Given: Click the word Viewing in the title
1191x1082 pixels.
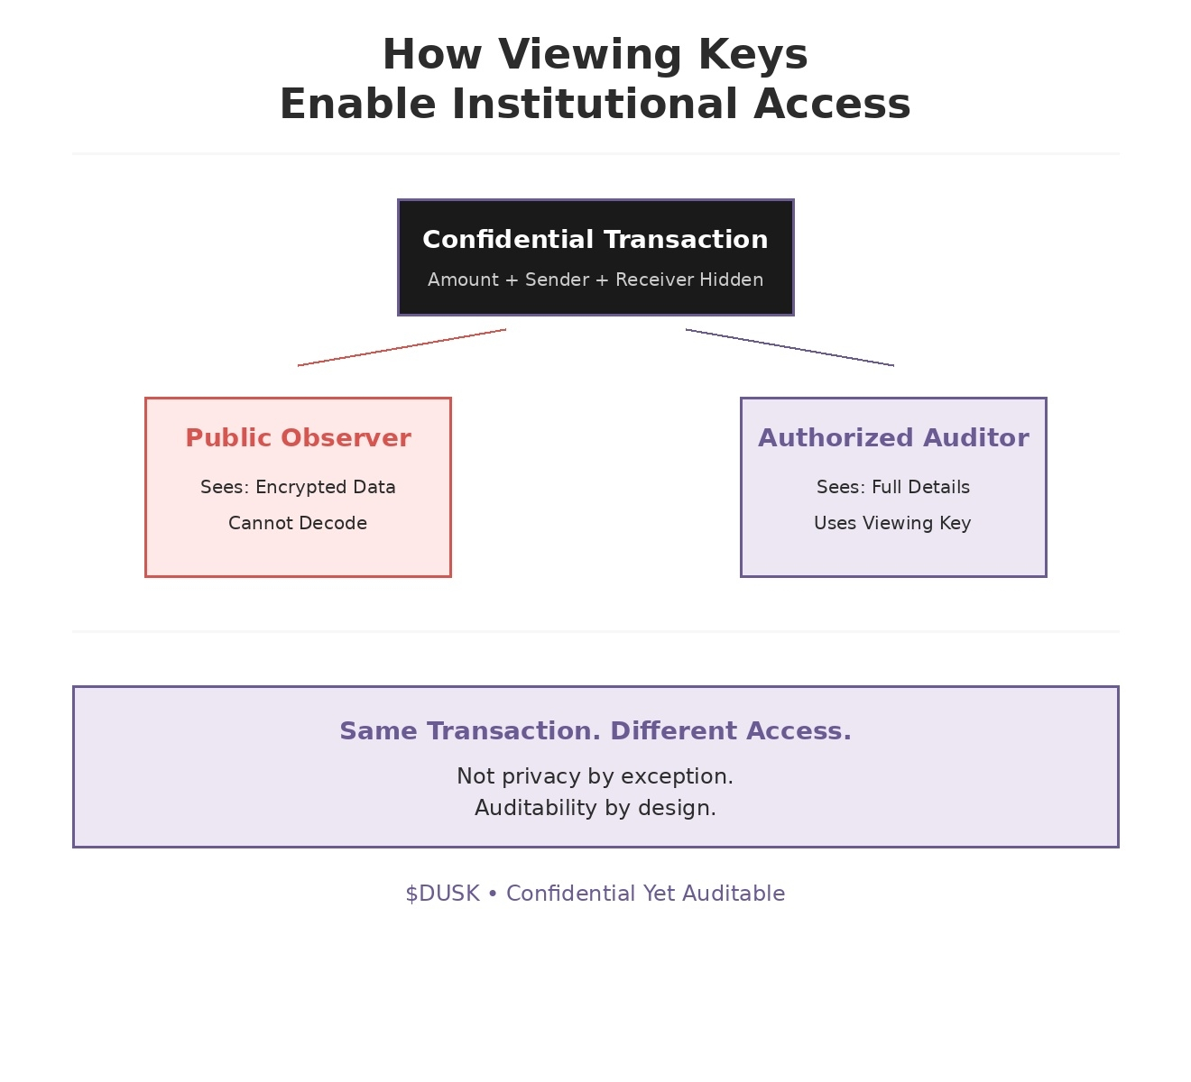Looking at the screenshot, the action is coord(589,56).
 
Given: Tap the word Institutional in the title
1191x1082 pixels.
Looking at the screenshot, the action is coord(595,104).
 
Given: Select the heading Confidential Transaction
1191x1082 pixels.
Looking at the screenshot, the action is coord(595,239).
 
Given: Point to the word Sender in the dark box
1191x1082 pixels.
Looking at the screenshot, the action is coord(557,280).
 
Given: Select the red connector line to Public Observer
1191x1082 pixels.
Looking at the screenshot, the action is coord(402,347).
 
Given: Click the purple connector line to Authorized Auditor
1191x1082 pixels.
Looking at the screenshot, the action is coord(789,347).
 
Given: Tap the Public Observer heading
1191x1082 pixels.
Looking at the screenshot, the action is coord(298,438).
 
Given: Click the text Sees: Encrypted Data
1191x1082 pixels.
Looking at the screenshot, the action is coord(298,487).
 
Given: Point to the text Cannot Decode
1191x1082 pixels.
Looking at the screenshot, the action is coord(298,523).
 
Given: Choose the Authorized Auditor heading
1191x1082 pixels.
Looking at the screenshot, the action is coord(893,438).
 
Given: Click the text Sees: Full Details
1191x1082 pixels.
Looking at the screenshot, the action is coord(893,487).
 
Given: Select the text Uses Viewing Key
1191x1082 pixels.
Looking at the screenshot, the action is coord(892,523).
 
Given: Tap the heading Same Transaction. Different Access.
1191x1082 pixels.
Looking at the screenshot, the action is coord(595,730).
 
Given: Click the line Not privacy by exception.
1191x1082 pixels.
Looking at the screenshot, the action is coord(595,776).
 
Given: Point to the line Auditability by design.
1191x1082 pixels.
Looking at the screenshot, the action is coord(595,808).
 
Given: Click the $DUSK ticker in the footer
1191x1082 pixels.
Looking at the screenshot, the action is coord(442,894).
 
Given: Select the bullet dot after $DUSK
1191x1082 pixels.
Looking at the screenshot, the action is coord(493,894).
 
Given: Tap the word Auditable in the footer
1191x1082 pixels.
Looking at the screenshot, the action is coord(734,894).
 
